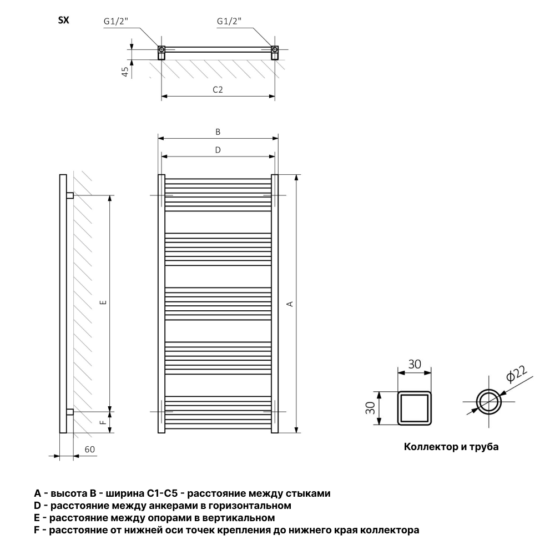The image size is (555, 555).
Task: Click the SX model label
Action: pyautogui.click(x=64, y=21)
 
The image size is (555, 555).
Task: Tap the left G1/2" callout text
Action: pyautogui.click(x=116, y=21)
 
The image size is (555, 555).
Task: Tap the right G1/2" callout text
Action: pyautogui.click(x=229, y=21)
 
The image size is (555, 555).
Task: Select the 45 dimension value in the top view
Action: pyautogui.click(x=125, y=72)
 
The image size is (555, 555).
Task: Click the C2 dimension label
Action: pyautogui.click(x=218, y=89)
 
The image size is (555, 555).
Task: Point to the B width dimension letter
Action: pyautogui.click(x=218, y=132)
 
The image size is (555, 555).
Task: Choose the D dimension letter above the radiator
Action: pyautogui.click(x=218, y=150)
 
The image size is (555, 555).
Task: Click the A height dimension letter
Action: pyautogui.click(x=290, y=304)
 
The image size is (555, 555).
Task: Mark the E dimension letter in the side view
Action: pyautogui.click(x=103, y=302)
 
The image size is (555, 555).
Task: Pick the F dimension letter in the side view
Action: pyautogui.click(x=103, y=422)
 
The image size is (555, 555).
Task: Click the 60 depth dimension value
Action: pyautogui.click(x=90, y=449)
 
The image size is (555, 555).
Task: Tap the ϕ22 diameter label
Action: pyautogui.click(x=516, y=374)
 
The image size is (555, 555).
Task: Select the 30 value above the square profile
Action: pyautogui.click(x=415, y=364)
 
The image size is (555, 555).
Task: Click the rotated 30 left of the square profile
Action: pyautogui.click(x=370, y=408)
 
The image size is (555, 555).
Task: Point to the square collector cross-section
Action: pyautogui.click(x=415, y=392)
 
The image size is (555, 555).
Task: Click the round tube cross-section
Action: pyautogui.click(x=489, y=391)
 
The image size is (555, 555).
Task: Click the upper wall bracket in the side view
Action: pyautogui.click(x=70, y=195)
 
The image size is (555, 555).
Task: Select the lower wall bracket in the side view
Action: pyautogui.click(x=70, y=412)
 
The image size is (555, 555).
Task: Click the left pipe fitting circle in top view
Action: pyautogui.click(x=162, y=48)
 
